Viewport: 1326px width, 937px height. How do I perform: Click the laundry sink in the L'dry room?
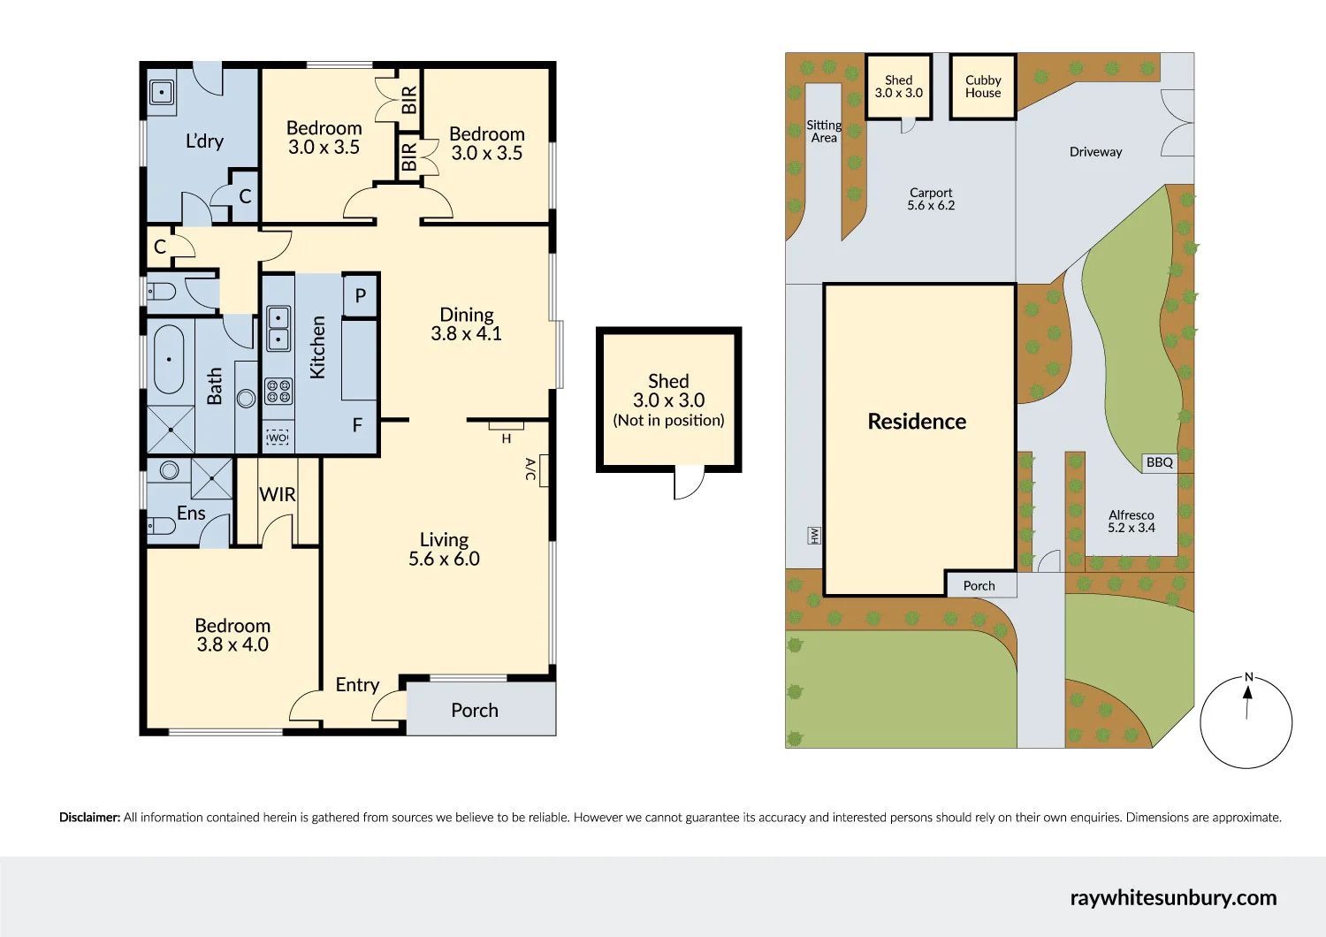162,91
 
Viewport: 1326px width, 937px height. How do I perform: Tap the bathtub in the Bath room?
169,359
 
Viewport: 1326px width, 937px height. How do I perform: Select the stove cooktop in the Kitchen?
278,391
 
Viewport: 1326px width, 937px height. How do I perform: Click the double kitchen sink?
278,328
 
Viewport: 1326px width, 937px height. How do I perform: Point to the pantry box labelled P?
360,296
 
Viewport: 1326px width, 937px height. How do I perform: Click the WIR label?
278,495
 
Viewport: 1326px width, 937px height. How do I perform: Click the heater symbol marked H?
507,438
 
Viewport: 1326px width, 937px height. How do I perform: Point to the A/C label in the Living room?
530,469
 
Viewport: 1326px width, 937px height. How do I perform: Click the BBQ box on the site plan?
1159,462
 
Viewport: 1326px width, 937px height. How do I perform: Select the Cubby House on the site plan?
983,87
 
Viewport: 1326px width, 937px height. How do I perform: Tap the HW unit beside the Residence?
814,535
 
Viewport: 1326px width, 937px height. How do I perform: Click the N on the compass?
1248,677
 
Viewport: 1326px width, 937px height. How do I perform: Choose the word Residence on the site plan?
917,422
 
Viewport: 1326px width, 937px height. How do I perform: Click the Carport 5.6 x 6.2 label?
931,199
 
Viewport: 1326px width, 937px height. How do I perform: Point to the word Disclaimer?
89,818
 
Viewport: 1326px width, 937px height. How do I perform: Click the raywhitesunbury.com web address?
1173,897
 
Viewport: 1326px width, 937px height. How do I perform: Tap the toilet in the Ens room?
161,526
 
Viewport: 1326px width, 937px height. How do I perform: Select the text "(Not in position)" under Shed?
668,421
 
